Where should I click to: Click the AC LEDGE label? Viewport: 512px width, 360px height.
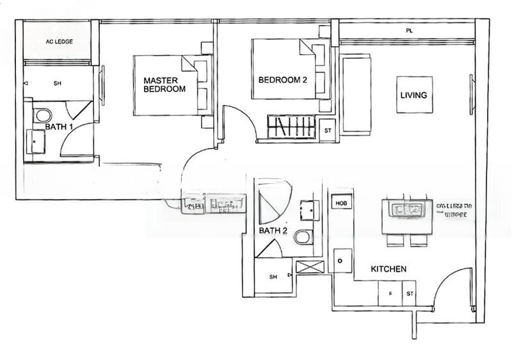pyautogui.click(x=59, y=42)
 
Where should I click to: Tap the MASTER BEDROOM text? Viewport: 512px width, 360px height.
pyautogui.click(x=164, y=85)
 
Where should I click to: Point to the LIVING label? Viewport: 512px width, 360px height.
pyautogui.click(x=413, y=95)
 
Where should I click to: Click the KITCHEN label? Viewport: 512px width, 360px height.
pyautogui.click(x=388, y=269)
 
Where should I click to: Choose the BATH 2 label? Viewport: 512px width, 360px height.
pyautogui.click(x=273, y=230)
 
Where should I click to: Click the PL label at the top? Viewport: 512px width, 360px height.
pyautogui.click(x=409, y=30)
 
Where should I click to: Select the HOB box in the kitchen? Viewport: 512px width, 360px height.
pyautogui.click(x=339, y=202)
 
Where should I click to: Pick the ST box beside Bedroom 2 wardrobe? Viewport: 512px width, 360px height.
pyautogui.click(x=327, y=131)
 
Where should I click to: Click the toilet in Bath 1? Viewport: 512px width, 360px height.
pyautogui.click(x=43, y=116)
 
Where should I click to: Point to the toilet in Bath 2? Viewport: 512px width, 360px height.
pyautogui.click(x=303, y=238)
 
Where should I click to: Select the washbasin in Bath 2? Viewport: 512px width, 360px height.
pyautogui.click(x=309, y=210)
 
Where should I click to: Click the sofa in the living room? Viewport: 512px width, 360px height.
pyautogui.click(x=356, y=94)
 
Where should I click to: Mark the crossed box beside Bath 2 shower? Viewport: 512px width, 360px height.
pyautogui.click(x=310, y=267)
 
